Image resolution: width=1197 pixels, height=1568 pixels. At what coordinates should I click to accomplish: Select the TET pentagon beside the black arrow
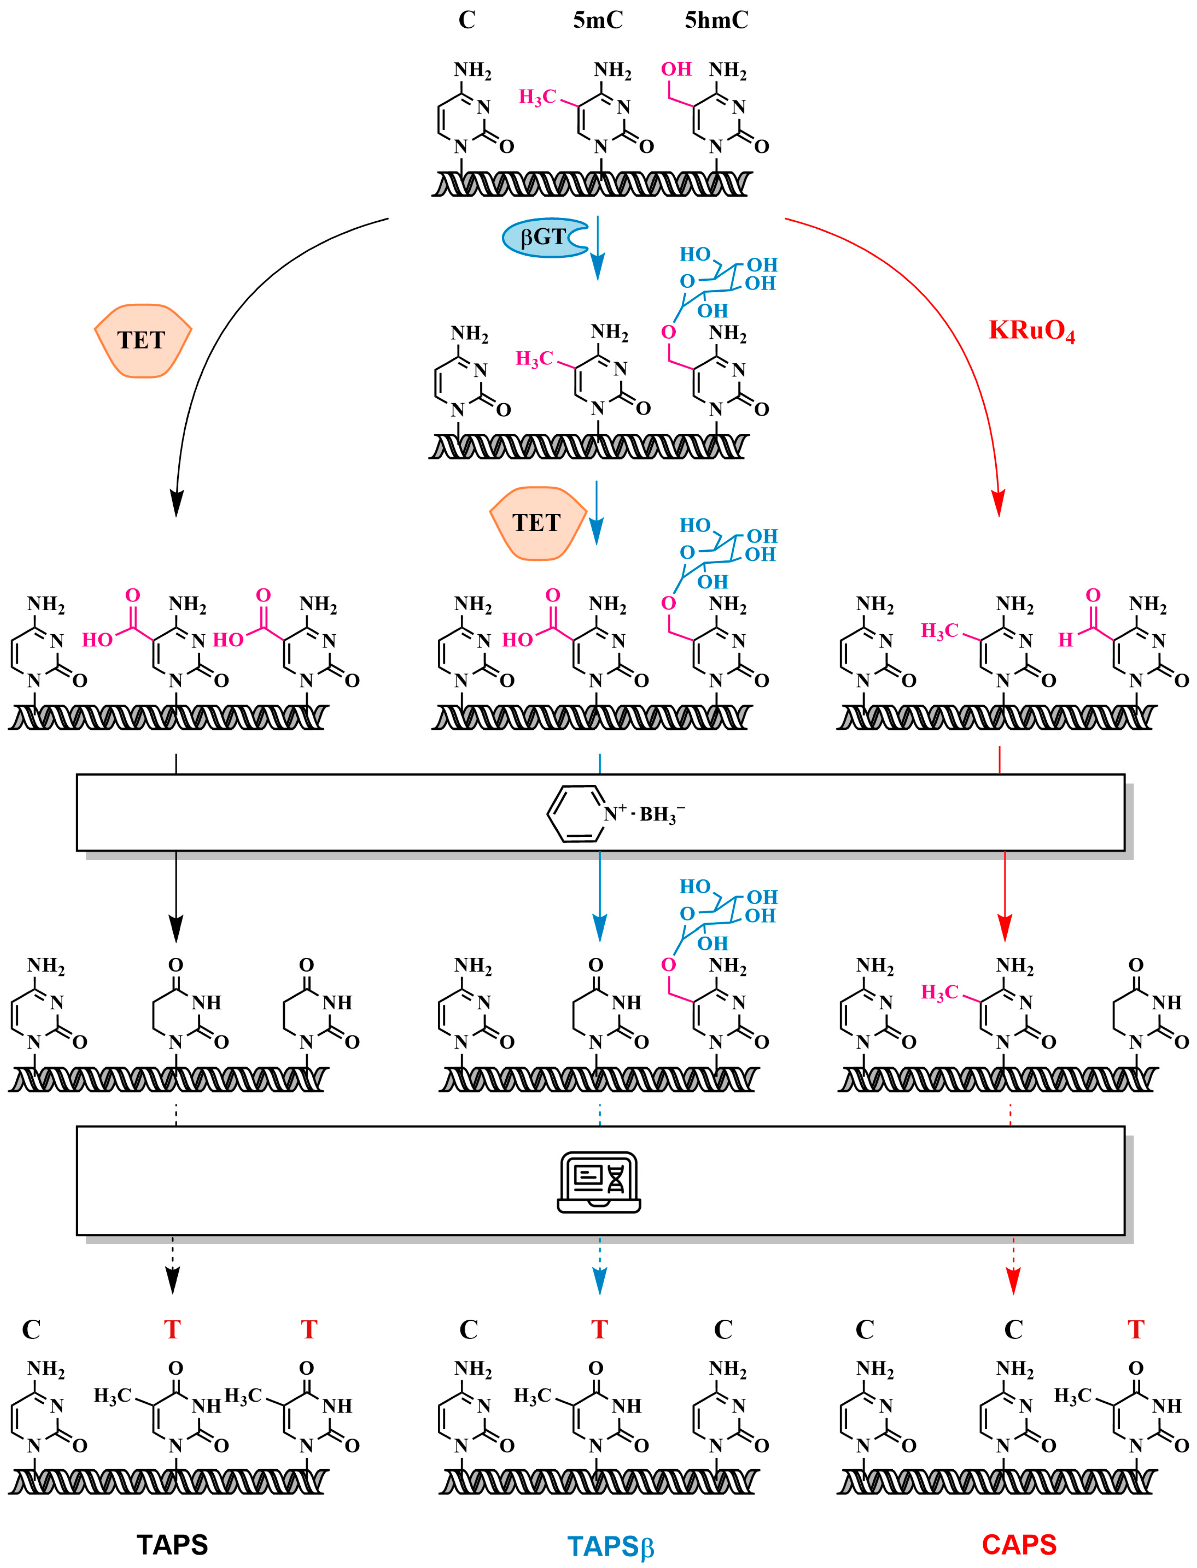pyautogui.click(x=142, y=341)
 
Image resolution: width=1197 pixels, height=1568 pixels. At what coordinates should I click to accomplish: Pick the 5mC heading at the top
pyautogui.click(x=598, y=20)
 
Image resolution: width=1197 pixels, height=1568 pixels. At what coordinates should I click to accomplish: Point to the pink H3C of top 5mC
pyautogui.click(x=537, y=97)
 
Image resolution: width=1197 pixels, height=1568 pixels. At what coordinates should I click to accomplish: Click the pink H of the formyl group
pyautogui.click(x=1065, y=640)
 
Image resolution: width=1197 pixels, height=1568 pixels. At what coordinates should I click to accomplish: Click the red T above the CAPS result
pyautogui.click(x=1136, y=1330)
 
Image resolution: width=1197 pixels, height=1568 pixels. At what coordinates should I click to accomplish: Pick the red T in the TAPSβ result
pyautogui.click(x=599, y=1330)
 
